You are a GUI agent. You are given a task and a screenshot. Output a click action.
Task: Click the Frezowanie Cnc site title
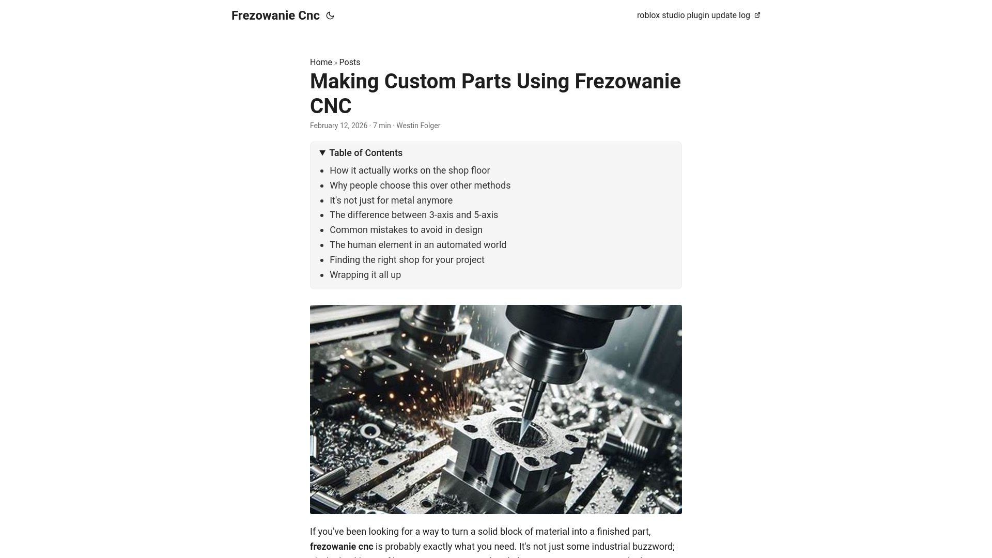click(275, 16)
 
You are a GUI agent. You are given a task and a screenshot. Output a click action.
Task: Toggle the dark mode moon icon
click(330, 16)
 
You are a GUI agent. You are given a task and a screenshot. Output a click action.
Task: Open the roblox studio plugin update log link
click(693, 16)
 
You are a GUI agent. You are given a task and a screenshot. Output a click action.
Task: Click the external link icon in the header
click(757, 16)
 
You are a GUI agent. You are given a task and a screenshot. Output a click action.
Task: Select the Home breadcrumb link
click(321, 63)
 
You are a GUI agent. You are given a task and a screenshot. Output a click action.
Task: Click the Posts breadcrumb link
click(350, 63)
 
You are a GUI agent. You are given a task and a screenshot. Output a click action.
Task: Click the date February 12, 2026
click(338, 126)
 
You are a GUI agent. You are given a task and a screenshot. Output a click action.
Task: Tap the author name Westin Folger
click(418, 126)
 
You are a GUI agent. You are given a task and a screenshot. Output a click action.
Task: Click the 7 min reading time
click(382, 126)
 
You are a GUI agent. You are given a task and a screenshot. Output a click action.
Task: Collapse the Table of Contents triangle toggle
click(322, 153)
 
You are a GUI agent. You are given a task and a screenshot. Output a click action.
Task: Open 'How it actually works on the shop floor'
click(410, 171)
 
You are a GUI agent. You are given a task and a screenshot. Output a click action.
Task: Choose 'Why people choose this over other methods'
click(420, 185)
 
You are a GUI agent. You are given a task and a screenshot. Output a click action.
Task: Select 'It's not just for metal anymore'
click(391, 200)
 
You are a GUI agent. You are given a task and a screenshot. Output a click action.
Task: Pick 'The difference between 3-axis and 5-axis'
click(414, 215)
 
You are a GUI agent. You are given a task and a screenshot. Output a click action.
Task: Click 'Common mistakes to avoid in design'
click(406, 230)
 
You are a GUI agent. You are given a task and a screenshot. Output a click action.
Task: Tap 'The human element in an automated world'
click(418, 245)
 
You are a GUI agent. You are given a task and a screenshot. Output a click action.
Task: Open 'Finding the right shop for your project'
click(407, 260)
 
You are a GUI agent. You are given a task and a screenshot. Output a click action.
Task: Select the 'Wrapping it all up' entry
click(365, 275)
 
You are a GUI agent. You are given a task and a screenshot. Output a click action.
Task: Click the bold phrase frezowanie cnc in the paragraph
click(342, 547)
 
